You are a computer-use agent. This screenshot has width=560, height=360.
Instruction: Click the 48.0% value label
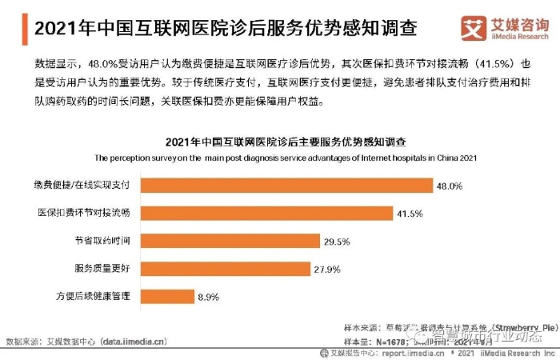450,186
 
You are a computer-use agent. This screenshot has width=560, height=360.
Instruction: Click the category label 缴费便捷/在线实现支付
84,186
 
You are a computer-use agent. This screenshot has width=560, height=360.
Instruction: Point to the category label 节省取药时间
107,240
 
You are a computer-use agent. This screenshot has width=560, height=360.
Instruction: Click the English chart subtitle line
286,158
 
